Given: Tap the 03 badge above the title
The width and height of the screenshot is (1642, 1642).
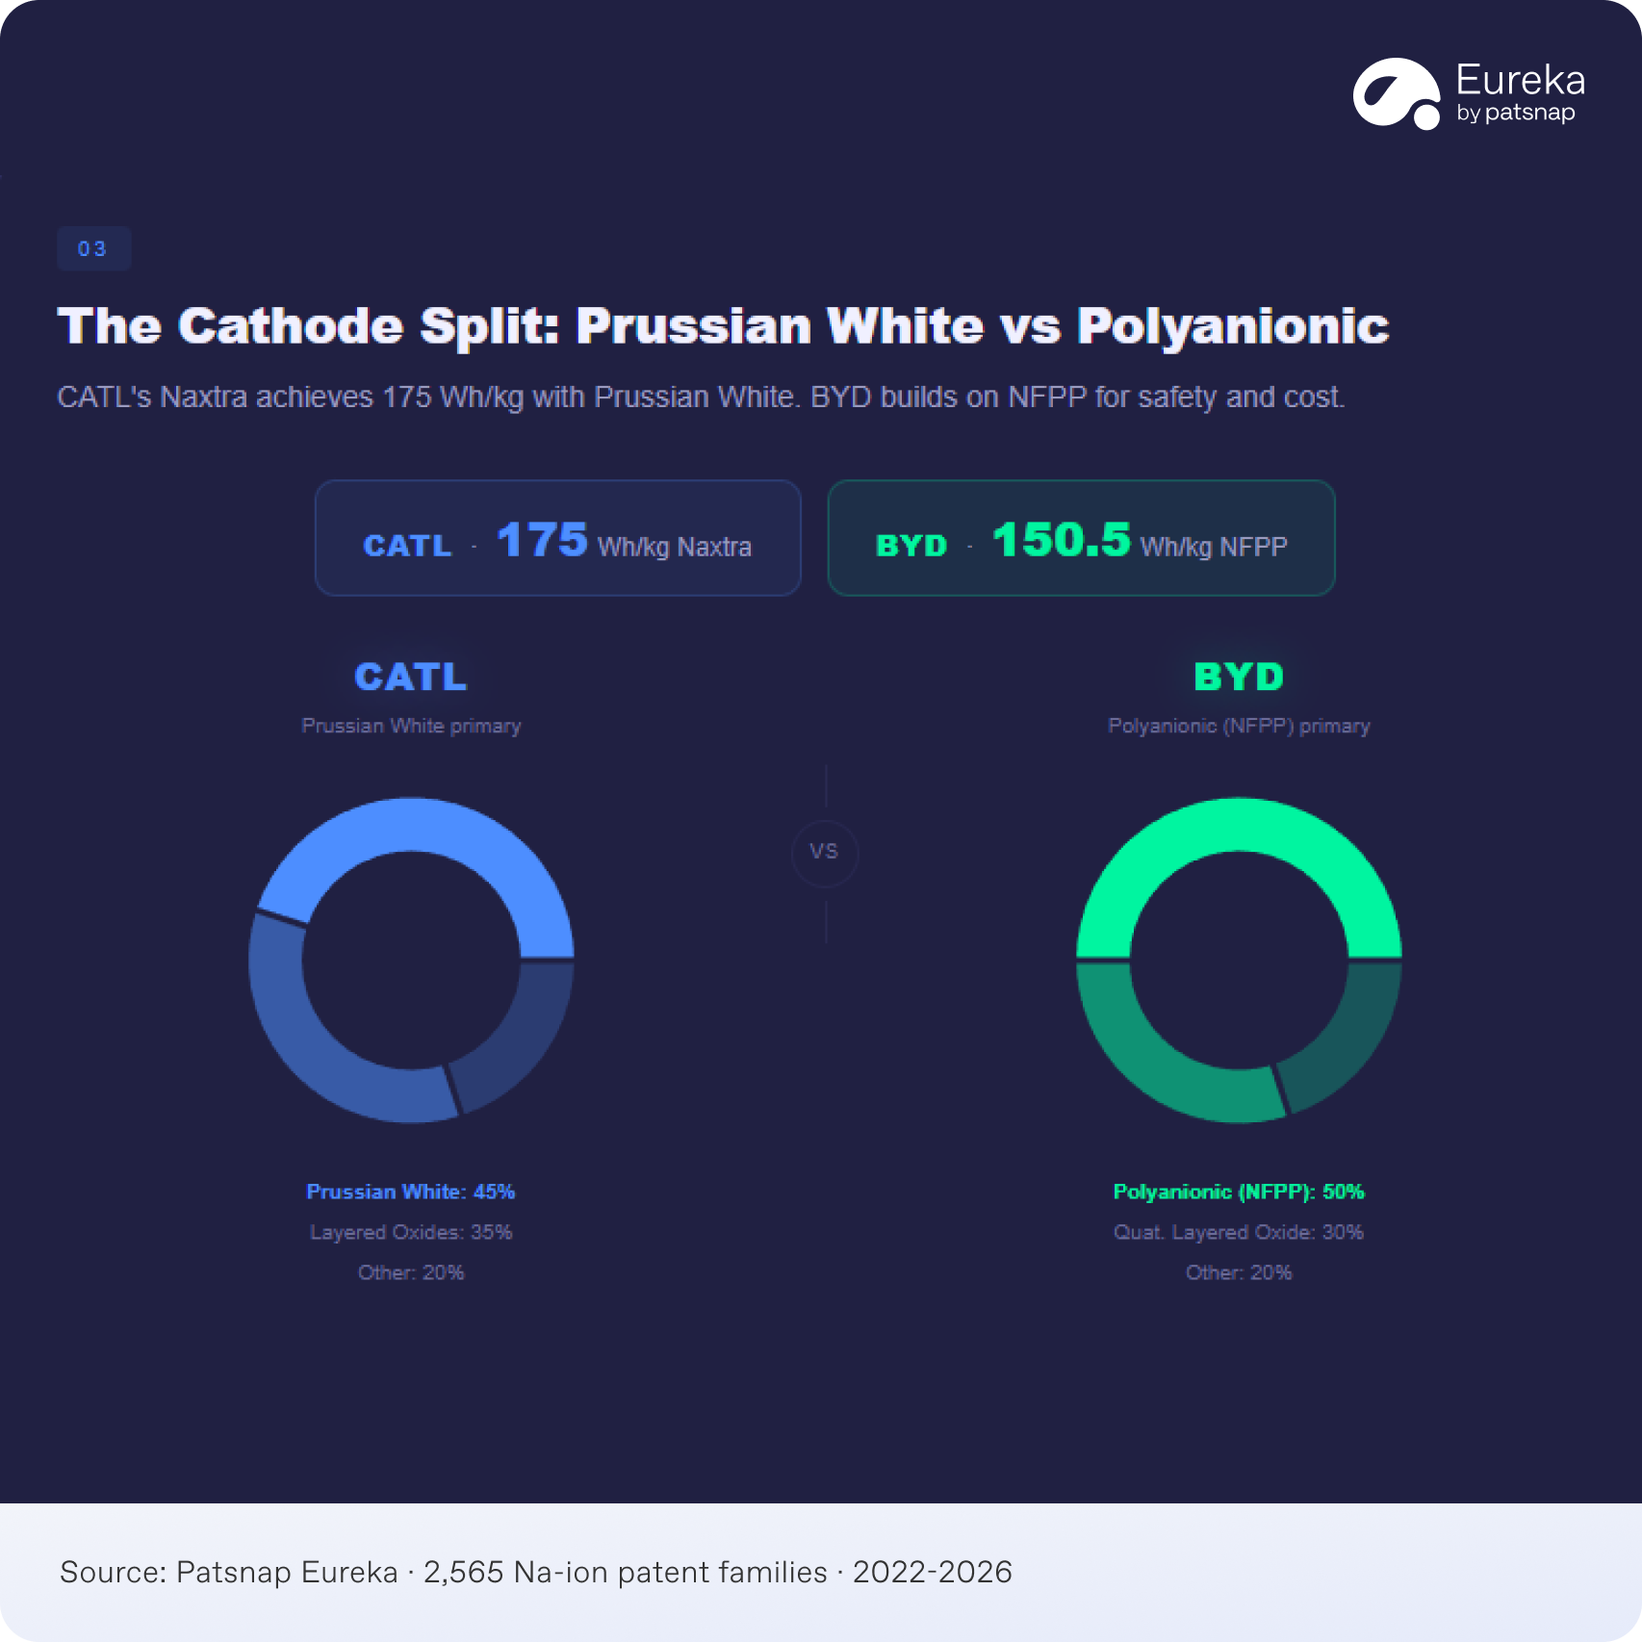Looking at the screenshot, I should pyautogui.click(x=93, y=249).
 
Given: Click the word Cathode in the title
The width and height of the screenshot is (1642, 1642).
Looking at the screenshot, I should pyautogui.click(x=291, y=326).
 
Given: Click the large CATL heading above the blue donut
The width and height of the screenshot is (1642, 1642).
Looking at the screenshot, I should pyautogui.click(x=411, y=677).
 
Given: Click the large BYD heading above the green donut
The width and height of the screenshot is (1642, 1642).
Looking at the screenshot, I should pyautogui.click(x=1239, y=677).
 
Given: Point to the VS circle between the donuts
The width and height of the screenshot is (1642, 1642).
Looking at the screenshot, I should pyautogui.click(x=825, y=852).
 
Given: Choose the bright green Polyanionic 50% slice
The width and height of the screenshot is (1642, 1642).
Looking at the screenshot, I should pyautogui.click(x=1239, y=825).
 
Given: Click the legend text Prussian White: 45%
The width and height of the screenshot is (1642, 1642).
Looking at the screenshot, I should pyautogui.click(x=411, y=1192).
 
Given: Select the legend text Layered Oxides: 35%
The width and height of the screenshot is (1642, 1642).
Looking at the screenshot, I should pyautogui.click(x=411, y=1232).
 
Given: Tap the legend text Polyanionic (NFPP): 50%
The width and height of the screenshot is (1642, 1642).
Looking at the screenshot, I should pyautogui.click(x=1239, y=1192).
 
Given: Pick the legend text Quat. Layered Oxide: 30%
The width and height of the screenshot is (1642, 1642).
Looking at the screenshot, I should pyautogui.click(x=1239, y=1232).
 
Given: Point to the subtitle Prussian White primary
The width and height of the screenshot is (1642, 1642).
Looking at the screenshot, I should pyautogui.click(x=411, y=726).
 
